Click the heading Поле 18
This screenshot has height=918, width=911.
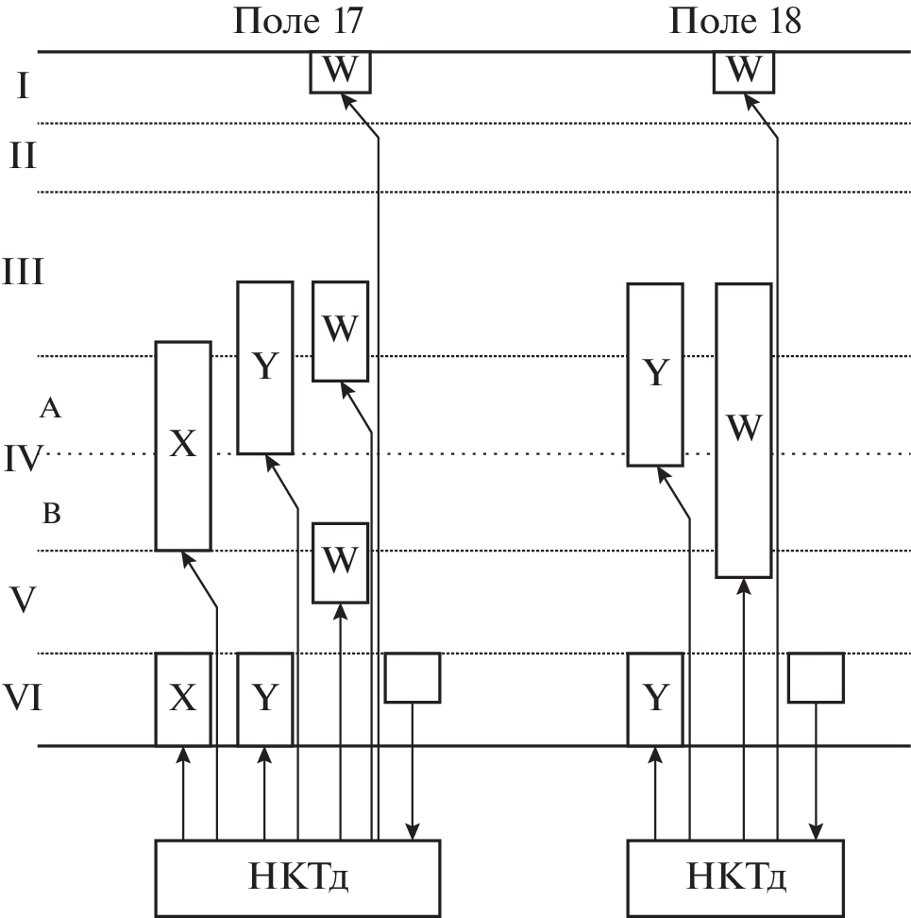[x=735, y=21]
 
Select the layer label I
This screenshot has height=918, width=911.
[x=23, y=88]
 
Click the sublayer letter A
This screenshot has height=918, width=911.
[x=51, y=409]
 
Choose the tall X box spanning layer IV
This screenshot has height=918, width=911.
[x=182, y=445]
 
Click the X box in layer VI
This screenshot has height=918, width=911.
[x=182, y=699]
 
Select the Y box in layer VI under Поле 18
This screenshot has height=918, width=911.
[x=655, y=699]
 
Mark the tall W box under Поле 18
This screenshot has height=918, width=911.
[x=743, y=430]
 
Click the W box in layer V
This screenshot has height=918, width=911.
[x=340, y=561]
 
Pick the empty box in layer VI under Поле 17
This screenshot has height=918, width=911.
[x=413, y=677]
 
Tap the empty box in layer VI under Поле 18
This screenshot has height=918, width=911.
[x=816, y=677]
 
